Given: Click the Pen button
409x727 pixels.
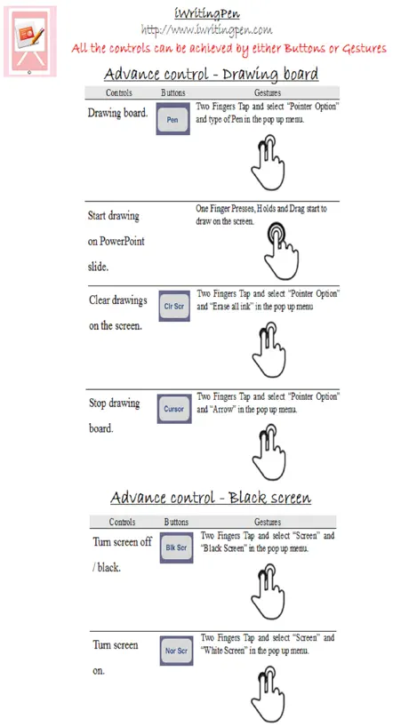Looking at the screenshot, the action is point(173,119).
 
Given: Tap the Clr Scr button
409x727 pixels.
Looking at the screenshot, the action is point(174,307).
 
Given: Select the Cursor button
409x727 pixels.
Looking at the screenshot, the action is point(174,409).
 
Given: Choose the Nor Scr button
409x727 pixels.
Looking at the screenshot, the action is point(176,651).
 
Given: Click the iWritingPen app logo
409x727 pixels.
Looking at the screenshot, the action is point(30,41).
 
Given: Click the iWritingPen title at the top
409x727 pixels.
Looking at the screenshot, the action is point(207,14).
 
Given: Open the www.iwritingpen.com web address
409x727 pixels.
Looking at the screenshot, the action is point(207,30).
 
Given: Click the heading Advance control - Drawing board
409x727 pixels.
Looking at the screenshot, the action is point(211,74).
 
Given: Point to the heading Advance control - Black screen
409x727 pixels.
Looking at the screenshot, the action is point(211,498).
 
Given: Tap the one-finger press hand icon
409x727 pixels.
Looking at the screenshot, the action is point(281,251).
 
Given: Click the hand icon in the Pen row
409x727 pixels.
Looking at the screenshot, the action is point(268,162).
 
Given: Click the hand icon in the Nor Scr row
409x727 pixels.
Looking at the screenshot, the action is point(268,693).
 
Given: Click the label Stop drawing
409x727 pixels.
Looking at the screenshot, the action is point(114,403).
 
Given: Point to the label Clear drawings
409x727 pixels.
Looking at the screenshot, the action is point(117,300).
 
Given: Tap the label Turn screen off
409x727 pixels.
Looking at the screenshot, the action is point(122,541).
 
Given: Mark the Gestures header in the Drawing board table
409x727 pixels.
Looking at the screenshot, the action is point(267,92).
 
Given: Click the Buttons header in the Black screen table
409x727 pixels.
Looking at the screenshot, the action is point(176,522).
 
